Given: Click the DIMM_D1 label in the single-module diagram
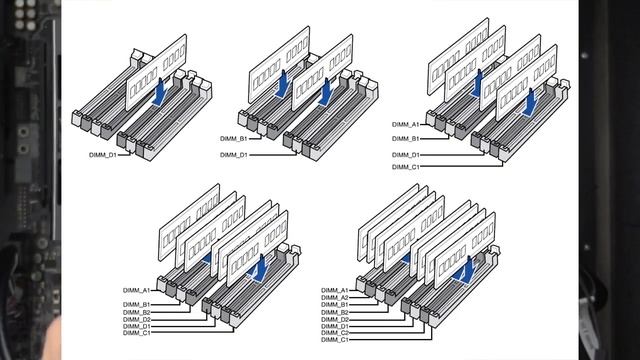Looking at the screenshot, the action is tap(103, 155).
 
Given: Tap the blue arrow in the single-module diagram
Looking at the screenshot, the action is tap(160, 92).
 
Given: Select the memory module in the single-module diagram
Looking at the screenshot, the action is tap(156, 72).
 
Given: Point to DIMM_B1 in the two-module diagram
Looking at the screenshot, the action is tap(234, 139).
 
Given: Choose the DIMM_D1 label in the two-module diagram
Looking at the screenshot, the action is tap(234, 155).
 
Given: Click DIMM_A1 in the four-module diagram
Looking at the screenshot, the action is tap(406, 124).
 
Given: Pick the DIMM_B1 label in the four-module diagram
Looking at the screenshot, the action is tap(406, 139).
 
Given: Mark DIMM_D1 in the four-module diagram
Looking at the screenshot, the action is tap(406, 155).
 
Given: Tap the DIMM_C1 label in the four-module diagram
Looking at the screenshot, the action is tap(406, 167).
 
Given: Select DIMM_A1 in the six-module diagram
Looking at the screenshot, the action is tap(137, 291).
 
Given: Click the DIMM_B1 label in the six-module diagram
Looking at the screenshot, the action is tap(137, 304).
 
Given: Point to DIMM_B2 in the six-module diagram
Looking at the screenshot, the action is tap(137, 312).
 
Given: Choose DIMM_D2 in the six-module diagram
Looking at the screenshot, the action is tap(137, 320).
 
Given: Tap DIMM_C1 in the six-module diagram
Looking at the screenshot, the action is tap(137, 333).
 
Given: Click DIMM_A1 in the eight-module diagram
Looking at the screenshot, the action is tap(335, 291).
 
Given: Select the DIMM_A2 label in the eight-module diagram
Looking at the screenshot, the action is tap(335, 298).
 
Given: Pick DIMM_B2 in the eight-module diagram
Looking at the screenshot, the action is tap(335, 312).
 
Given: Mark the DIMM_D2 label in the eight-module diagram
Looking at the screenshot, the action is tap(335, 320).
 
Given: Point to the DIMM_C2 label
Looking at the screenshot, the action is tap(335, 333).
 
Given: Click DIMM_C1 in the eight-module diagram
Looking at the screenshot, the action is tap(335, 340).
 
